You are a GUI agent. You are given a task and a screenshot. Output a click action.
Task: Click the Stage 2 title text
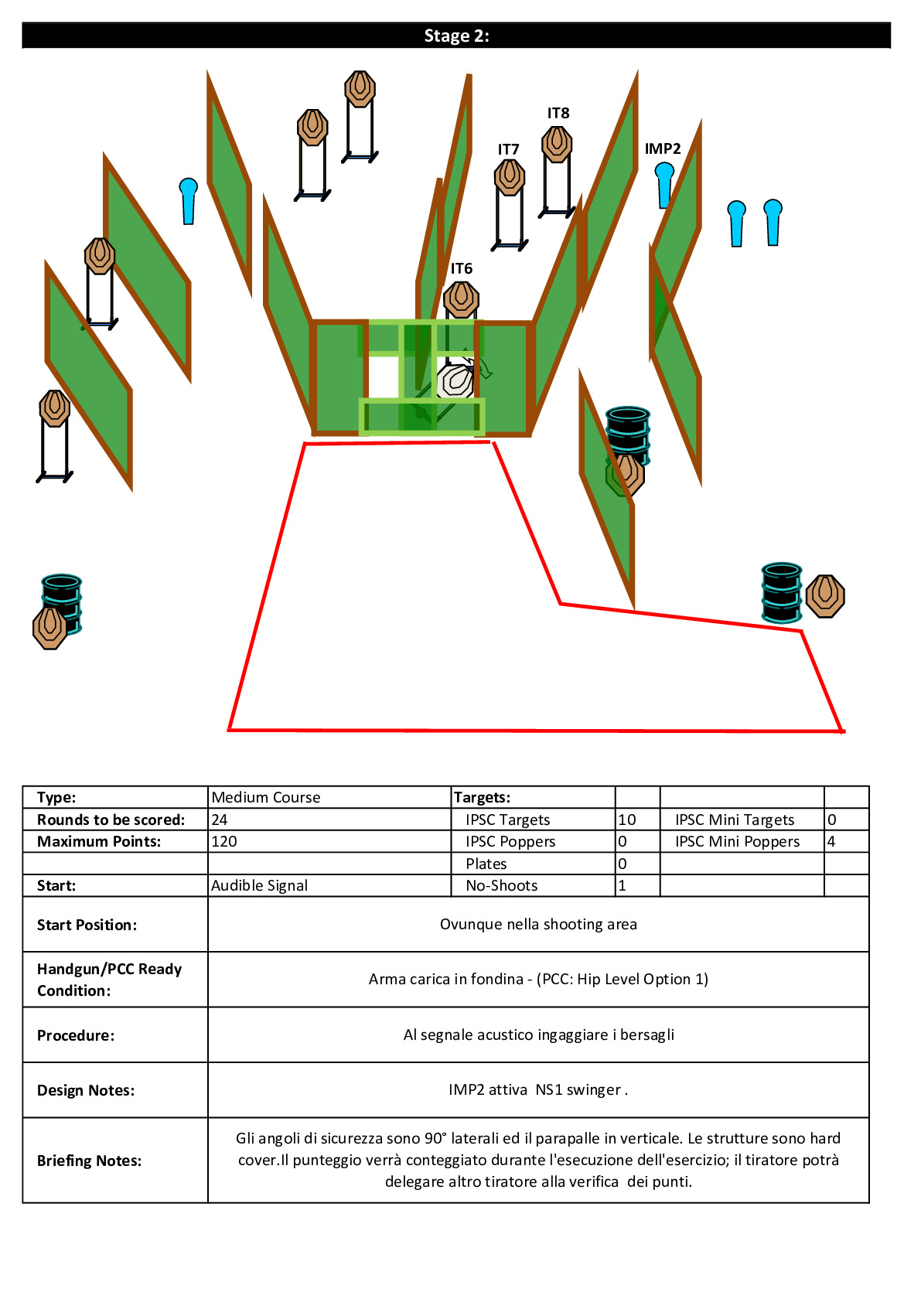(x=456, y=36)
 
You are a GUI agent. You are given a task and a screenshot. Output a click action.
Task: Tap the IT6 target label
(x=461, y=268)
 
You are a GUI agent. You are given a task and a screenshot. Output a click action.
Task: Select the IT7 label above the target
(x=508, y=150)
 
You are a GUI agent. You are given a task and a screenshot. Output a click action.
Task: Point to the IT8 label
(x=558, y=114)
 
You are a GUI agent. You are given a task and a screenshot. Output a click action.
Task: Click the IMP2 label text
(x=662, y=148)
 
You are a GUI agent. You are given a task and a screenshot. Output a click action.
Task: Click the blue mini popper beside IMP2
(x=664, y=185)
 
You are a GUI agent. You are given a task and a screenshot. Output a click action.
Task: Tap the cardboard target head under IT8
(x=557, y=144)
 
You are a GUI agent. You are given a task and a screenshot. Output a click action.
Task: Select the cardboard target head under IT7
(x=510, y=177)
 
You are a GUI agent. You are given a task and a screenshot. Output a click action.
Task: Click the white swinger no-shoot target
(x=455, y=381)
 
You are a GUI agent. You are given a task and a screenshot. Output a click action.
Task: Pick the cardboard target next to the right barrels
(x=824, y=596)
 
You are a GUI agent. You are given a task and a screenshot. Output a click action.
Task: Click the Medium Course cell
(x=266, y=797)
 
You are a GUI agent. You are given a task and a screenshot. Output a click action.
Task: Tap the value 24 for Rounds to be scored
(x=219, y=820)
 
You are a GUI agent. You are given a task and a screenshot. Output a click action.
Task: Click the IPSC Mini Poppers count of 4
(x=831, y=841)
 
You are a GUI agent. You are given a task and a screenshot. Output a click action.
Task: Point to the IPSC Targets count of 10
(x=627, y=820)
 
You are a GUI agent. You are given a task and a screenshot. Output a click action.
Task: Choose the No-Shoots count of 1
(x=622, y=885)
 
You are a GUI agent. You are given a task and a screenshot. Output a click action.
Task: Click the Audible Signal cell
(x=259, y=885)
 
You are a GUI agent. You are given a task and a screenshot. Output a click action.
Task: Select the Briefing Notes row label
(x=89, y=1161)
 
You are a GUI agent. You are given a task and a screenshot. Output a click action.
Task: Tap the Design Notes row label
(x=86, y=1090)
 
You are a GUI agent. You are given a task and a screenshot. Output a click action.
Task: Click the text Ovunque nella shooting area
(x=538, y=924)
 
